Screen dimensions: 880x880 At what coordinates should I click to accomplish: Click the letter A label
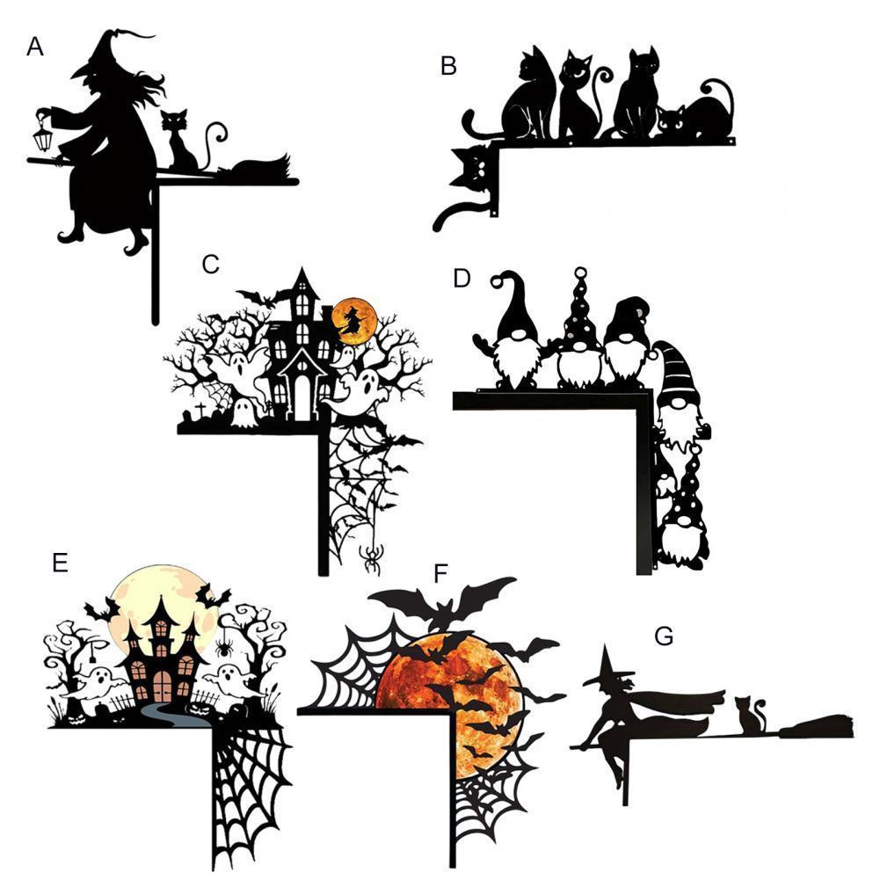[35, 47]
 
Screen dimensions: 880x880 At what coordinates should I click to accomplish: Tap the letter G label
[664, 636]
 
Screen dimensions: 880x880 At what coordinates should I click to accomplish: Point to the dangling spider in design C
[370, 556]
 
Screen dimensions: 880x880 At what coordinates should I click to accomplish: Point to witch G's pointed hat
[609, 667]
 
